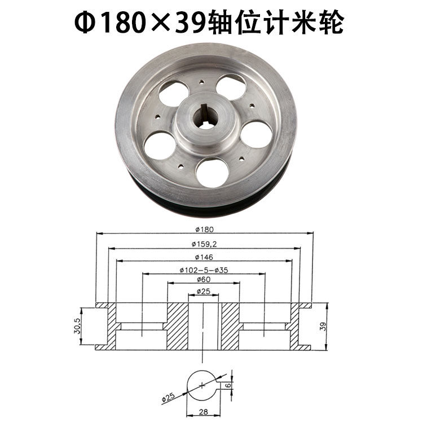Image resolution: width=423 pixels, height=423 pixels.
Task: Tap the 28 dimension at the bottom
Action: (x=204, y=413)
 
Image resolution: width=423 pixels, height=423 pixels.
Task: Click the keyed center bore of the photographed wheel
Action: (x=206, y=120)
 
